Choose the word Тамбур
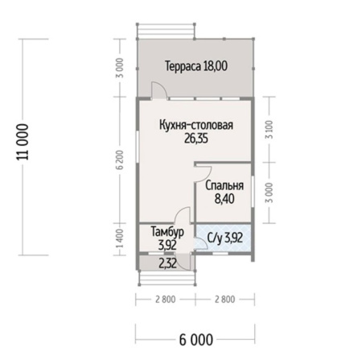(x=167, y=232)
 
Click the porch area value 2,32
(x=167, y=262)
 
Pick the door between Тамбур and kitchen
(x=183, y=216)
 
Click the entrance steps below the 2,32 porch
(x=167, y=278)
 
